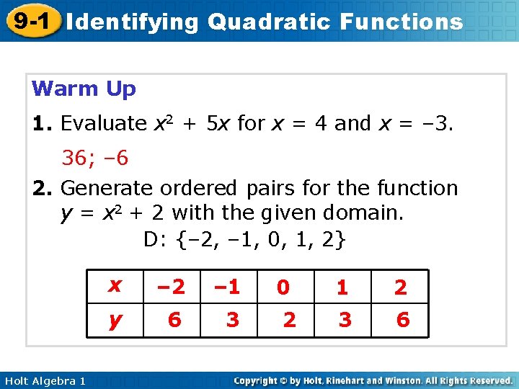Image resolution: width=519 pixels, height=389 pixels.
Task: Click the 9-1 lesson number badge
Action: [x=30, y=20]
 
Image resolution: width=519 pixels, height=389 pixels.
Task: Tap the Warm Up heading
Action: [x=84, y=89]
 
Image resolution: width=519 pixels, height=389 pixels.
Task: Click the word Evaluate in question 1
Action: [x=103, y=124]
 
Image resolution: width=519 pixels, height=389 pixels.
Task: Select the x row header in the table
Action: [x=114, y=286]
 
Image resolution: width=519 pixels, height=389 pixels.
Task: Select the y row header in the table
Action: [x=114, y=320]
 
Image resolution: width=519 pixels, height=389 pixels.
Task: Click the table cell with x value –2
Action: [x=171, y=287]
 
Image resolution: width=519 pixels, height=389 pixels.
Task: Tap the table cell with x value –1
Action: [x=229, y=287]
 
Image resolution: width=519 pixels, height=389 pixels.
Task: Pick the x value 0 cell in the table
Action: [x=284, y=287]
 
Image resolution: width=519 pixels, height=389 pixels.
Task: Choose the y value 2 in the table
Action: [x=289, y=320]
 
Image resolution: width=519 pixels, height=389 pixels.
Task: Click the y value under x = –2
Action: [x=174, y=320]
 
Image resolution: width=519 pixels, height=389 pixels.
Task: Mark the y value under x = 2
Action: [x=403, y=320]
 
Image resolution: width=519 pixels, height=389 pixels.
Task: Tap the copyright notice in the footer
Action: [x=373, y=380]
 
